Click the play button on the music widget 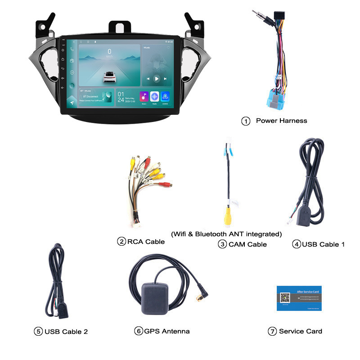[x=157, y=79]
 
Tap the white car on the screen [x=109, y=77]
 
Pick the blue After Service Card [x=299, y=297]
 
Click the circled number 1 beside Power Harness [x=246, y=121]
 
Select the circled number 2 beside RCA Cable [x=121, y=242]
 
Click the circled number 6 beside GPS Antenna [x=139, y=331]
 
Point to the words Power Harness [x=281, y=121]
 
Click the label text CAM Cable [x=247, y=244]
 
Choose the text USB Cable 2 [x=66, y=332]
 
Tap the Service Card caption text [x=301, y=331]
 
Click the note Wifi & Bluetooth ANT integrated [x=226, y=234]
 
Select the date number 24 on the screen [x=121, y=99]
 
